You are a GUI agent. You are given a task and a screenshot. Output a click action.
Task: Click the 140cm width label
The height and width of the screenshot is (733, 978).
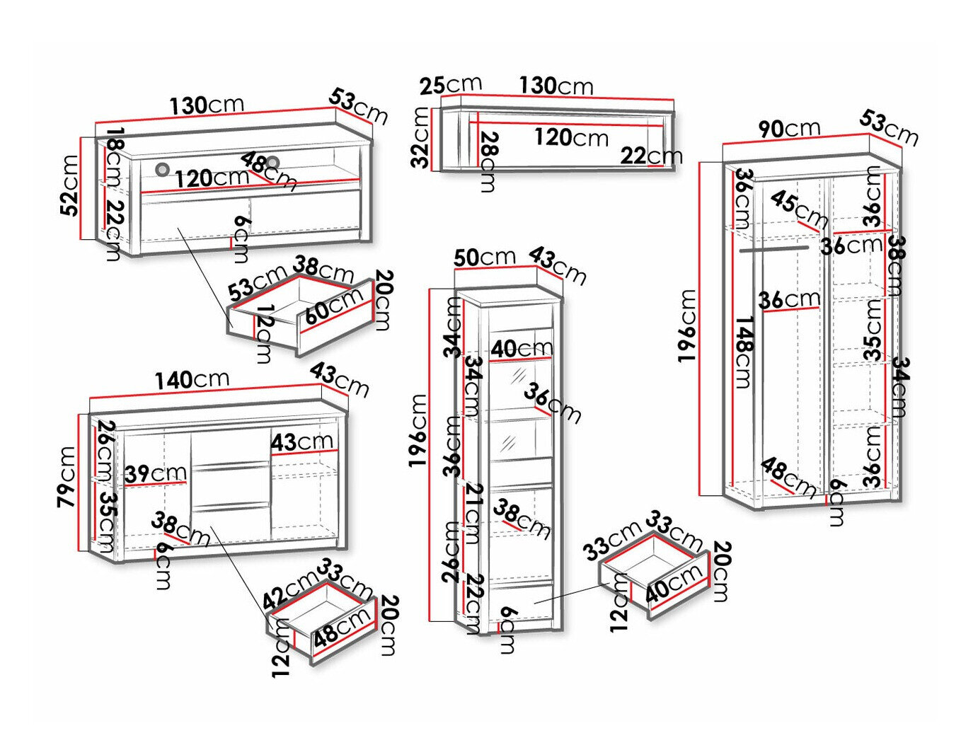192,379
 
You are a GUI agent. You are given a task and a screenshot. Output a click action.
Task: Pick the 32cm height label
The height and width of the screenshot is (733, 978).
420,137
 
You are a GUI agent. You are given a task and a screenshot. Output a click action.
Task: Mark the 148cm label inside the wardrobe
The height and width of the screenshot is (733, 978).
743,352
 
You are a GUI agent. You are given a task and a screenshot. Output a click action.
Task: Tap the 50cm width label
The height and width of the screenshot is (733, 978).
485,257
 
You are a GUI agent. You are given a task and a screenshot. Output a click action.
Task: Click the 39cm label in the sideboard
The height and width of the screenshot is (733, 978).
156,473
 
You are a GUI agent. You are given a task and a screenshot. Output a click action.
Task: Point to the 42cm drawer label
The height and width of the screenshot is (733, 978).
290,590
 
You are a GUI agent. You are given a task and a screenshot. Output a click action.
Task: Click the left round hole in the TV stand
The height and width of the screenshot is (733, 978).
163,170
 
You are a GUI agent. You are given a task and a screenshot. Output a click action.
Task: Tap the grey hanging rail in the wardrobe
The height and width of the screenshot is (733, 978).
773,249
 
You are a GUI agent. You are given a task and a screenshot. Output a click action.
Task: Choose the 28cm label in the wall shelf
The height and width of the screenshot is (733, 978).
488,162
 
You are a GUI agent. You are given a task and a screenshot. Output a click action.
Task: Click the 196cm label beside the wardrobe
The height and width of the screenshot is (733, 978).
687,325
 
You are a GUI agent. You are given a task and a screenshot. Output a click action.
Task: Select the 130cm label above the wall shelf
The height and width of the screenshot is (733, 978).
556,86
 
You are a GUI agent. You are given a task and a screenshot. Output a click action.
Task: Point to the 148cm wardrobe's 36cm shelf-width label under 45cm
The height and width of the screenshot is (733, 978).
789,299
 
